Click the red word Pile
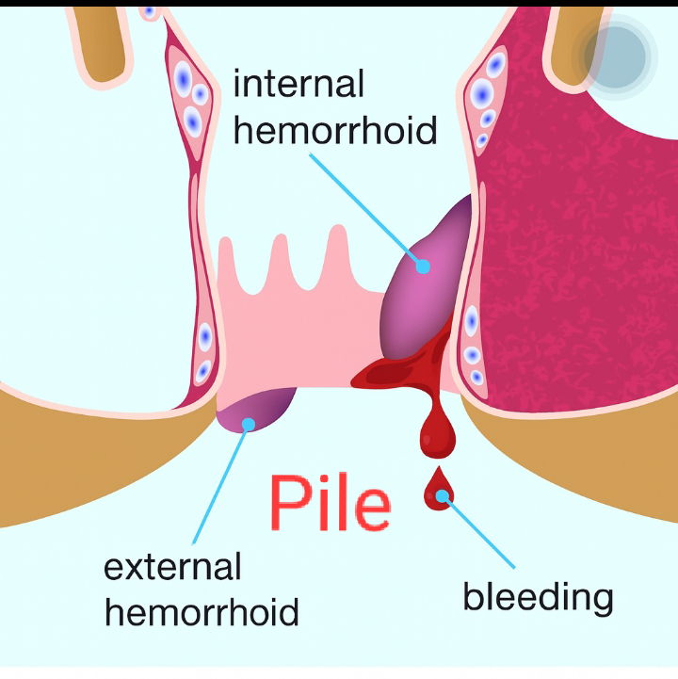pyautogui.click(x=330, y=502)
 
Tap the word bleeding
pyautogui.click(x=538, y=596)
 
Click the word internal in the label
pyautogui.click(x=298, y=85)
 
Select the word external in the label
pyautogui.click(x=172, y=567)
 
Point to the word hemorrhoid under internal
pyautogui.click(x=335, y=130)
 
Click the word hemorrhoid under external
pyautogui.click(x=202, y=612)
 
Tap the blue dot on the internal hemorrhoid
pyautogui.click(x=423, y=267)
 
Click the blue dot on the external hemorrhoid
pyautogui.click(x=248, y=424)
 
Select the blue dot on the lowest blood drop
pyautogui.click(x=441, y=493)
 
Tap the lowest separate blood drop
pyautogui.click(x=437, y=490)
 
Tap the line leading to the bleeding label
pyautogui.click(x=480, y=533)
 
